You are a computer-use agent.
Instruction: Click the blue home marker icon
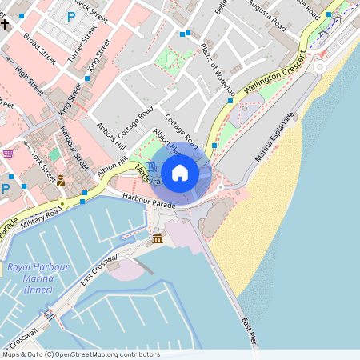180,172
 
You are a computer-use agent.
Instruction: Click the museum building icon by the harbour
158,239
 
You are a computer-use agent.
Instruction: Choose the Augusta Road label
267,17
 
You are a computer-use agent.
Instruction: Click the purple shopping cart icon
8,154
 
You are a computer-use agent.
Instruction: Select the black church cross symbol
5,24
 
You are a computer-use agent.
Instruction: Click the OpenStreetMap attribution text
80,354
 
